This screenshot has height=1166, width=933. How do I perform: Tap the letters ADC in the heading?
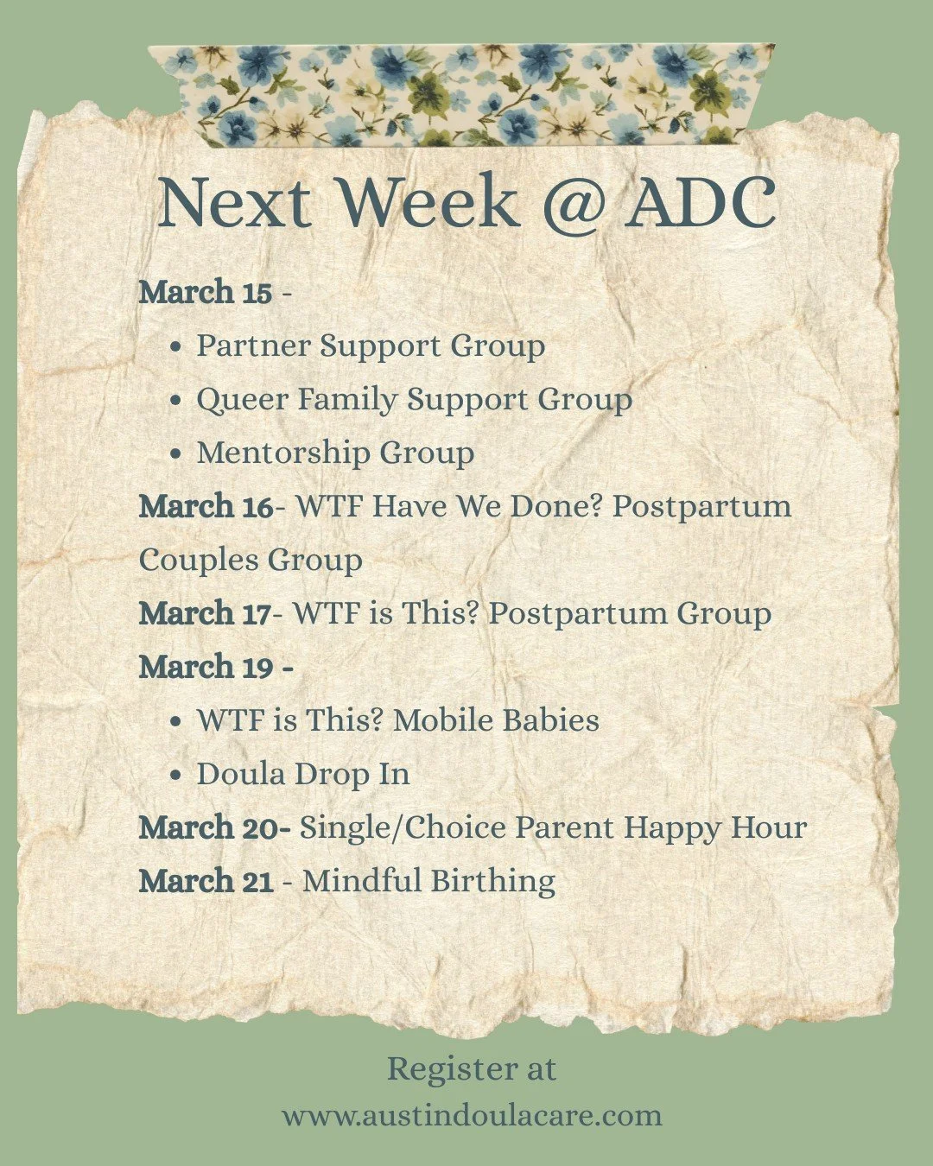coord(700,203)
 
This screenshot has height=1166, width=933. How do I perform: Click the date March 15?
coord(205,292)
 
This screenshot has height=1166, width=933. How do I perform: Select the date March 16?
coord(206,506)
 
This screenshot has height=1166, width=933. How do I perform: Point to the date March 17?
coord(205,613)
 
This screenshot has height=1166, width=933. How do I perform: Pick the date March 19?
coord(206,667)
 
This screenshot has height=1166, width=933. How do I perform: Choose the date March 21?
coord(206,881)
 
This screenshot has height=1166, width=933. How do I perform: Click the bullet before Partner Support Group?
coord(176,347)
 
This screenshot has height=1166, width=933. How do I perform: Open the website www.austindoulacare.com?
coord(472,1114)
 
